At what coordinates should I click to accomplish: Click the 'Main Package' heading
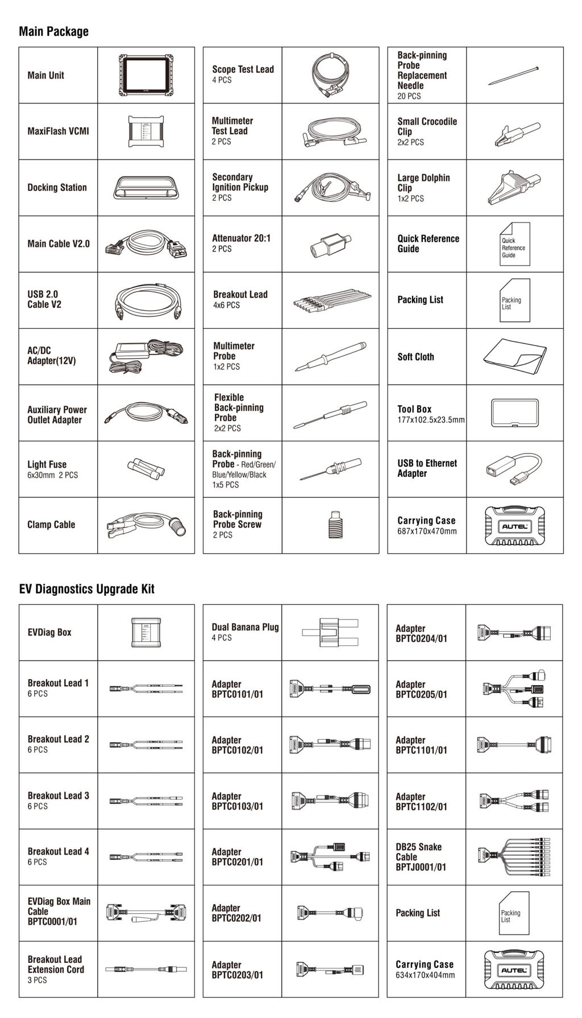pos(53,31)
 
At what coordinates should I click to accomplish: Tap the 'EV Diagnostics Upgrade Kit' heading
pos(86,589)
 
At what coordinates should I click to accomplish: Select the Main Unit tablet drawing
pos(146,75)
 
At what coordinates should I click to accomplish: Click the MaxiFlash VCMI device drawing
pos(146,131)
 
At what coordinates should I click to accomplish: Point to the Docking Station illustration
pos(146,187)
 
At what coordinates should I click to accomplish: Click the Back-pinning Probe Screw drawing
pos(330,525)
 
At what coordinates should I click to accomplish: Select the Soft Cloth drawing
pos(514,357)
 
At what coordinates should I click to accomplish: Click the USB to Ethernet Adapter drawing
pos(514,468)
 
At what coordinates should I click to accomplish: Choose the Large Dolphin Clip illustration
pos(514,187)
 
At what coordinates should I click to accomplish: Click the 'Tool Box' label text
pos(414,409)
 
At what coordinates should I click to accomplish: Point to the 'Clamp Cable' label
pos(51,525)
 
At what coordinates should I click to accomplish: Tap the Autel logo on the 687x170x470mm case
pos(515,526)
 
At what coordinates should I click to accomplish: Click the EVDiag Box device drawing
pos(146,632)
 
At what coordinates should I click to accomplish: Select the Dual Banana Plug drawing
pos(330,632)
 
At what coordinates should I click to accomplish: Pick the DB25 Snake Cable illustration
pos(514,856)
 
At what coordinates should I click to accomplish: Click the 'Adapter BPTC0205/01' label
pos(421,689)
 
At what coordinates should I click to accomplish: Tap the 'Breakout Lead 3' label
pos(58,796)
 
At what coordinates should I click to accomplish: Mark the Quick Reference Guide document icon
pos(514,245)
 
